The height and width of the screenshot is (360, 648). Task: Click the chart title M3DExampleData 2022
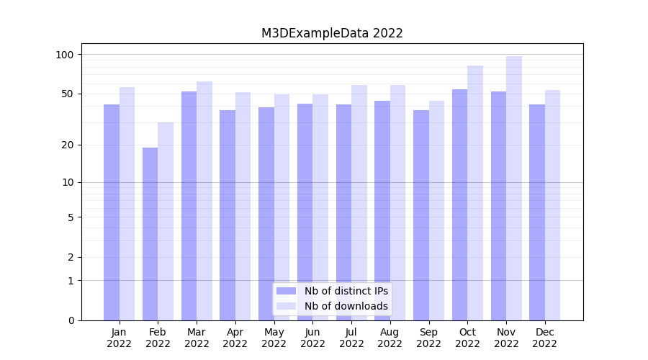(332, 33)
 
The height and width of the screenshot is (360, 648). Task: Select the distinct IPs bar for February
(150, 234)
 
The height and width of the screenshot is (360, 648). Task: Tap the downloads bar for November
(514, 188)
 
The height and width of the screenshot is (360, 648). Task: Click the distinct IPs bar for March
(189, 206)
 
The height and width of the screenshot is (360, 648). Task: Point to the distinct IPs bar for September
(421, 215)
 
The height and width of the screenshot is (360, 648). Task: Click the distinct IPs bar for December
(537, 212)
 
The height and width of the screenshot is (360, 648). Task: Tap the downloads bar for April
(243, 206)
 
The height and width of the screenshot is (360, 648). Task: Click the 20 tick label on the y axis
(68, 145)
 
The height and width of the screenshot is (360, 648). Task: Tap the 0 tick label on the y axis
(71, 320)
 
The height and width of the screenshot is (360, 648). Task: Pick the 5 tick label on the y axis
(71, 217)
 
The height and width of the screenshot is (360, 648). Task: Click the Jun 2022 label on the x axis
(312, 338)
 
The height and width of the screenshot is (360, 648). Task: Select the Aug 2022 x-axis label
(390, 338)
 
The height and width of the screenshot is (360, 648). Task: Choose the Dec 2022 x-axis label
(545, 338)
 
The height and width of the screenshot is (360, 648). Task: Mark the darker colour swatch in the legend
(287, 291)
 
